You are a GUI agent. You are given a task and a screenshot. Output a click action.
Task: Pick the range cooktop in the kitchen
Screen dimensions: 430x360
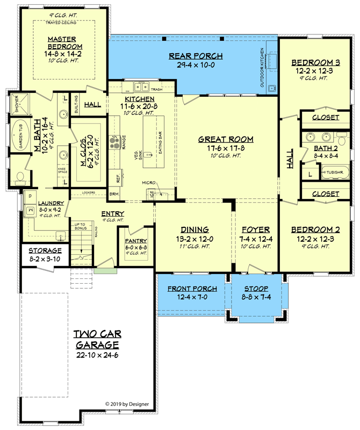[x=114, y=142]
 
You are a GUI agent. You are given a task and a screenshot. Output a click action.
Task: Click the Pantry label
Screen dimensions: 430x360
[x=136, y=241]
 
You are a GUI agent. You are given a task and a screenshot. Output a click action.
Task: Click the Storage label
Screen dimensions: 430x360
[x=45, y=250]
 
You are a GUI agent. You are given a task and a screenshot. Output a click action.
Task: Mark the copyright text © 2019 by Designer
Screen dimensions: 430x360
[x=127, y=404]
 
